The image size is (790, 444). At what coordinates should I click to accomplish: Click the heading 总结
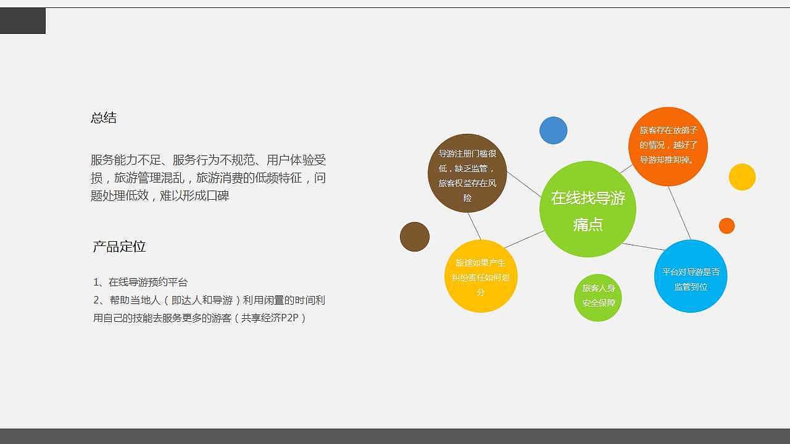(103, 118)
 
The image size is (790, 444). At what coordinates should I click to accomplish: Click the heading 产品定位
(119, 246)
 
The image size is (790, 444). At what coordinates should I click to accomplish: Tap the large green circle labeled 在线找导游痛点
(588, 209)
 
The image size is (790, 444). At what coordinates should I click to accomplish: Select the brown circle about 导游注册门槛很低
(467, 173)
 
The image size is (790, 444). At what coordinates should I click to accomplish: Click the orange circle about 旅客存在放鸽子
(668, 147)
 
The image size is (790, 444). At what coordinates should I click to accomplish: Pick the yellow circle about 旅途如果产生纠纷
(481, 276)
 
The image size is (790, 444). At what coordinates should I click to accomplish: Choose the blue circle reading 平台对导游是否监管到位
(691, 276)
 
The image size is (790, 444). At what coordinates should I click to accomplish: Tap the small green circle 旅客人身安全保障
(598, 298)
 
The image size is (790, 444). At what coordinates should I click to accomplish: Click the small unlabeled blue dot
(554, 130)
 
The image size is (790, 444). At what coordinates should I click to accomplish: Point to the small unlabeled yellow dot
(742, 177)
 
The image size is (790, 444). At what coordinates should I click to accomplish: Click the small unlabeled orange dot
(727, 226)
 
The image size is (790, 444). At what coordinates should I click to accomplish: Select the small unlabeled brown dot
(415, 237)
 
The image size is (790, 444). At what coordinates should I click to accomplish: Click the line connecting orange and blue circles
(680, 213)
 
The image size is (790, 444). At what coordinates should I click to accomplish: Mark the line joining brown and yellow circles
(475, 226)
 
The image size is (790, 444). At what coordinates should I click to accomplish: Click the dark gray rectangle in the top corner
(23, 21)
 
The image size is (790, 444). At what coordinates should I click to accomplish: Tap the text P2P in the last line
(290, 318)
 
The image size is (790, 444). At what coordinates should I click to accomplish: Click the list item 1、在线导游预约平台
(140, 282)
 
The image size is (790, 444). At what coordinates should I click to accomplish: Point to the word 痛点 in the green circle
(588, 224)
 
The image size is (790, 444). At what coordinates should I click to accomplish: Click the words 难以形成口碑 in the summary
(194, 195)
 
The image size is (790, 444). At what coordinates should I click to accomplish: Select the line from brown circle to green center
(524, 184)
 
